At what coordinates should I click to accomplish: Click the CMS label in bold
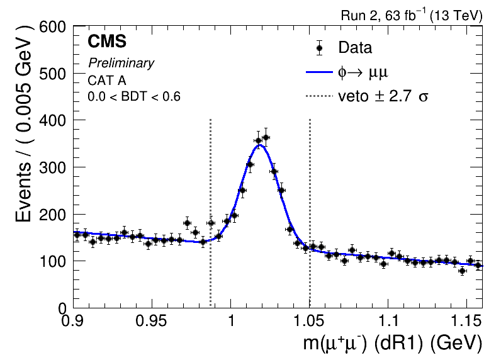[107, 42]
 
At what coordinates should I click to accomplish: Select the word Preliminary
[121, 63]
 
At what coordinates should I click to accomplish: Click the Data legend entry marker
[319, 48]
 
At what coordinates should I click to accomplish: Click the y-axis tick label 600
[53, 27]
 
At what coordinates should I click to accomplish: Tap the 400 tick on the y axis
[53, 120]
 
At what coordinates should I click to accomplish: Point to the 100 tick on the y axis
[53, 261]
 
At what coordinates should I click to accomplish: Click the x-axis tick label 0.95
[152, 321]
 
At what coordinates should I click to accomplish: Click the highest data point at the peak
[266, 137]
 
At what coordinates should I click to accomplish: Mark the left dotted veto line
[210, 189]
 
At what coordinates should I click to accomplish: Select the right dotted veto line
[310, 189]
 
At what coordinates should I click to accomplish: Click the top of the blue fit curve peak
[260, 145]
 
